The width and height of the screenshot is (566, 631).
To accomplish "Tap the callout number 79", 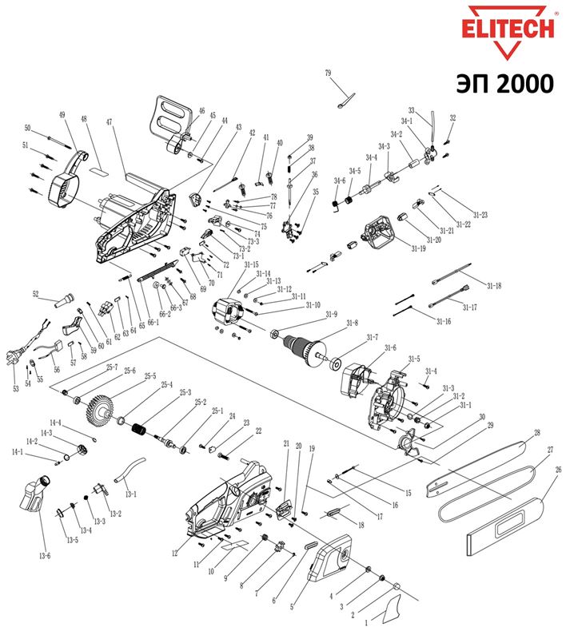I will coord(328,73).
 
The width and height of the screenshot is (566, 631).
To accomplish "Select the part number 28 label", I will coord(537,433).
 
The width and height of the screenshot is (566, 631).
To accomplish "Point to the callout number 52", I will coord(35,295).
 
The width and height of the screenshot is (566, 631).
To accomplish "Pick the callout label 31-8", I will coord(351,323).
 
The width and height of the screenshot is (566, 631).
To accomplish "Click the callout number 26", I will coord(559,470).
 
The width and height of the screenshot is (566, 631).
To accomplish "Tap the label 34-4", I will coord(372,157).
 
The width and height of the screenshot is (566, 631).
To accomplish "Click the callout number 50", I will coord(27,128).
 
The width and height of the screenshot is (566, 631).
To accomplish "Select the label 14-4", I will coord(56,423).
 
